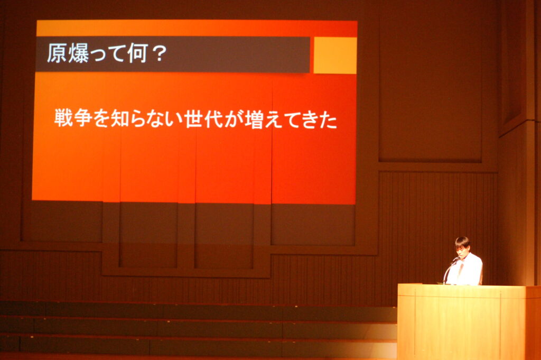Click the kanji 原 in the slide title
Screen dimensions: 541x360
point(57,53)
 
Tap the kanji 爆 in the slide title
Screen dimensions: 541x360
point(78,53)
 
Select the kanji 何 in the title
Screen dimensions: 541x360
point(138,53)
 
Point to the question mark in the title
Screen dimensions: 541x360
point(159,53)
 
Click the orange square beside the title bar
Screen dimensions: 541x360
point(335,55)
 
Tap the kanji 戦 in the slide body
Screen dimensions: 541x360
point(63,118)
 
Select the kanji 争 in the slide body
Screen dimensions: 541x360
point(83,118)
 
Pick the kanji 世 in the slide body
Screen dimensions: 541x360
point(193,119)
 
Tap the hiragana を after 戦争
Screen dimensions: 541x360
point(101,118)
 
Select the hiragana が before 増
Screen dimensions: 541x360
point(234,119)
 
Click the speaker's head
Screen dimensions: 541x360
point(462,245)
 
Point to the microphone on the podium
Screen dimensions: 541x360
point(451,270)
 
